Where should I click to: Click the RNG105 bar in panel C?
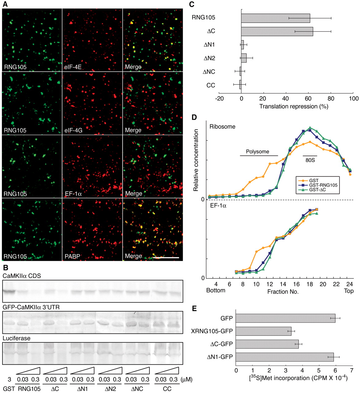coord(275,18)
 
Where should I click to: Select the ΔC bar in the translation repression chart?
coord(277,32)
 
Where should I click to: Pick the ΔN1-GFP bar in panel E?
coord(285,357)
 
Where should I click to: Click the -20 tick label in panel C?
coord(219,99)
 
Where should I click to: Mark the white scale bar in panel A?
coord(166,257)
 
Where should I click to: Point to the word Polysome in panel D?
coord(258,151)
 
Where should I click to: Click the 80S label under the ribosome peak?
coord(310,160)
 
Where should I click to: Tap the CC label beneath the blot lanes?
coord(167,388)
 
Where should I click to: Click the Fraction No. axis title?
coord(283,291)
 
